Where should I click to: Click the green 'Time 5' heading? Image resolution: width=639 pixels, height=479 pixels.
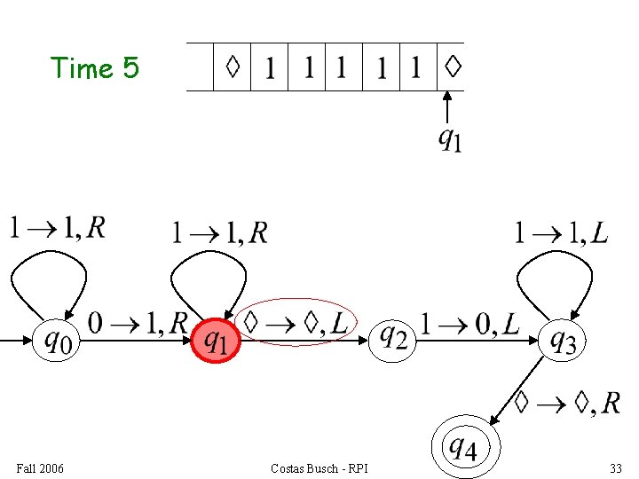coord(95,67)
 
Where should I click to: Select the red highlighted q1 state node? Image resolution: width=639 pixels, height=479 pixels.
coord(216,340)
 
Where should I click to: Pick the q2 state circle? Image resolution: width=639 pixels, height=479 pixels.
coord(393,337)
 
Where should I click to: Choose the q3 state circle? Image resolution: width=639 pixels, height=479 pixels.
coord(563,339)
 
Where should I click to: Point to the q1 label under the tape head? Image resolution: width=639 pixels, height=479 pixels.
coord(450,138)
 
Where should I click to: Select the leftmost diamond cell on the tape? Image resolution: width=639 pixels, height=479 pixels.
coord(233,67)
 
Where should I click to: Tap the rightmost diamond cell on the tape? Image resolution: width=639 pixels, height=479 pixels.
coord(452,67)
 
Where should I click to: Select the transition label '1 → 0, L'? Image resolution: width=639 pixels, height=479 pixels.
coord(469,324)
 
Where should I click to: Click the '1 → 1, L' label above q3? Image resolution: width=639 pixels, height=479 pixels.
coord(561,232)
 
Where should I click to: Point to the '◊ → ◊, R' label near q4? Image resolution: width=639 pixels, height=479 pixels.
coord(567,404)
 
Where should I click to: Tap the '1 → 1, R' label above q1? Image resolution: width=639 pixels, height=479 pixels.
coord(219,232)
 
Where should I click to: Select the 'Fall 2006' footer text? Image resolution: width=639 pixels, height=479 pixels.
coord(40,467)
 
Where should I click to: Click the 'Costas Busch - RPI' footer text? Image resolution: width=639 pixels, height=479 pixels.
coord(319,467)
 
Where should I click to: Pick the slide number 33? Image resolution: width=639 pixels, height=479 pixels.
coord(615,467)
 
